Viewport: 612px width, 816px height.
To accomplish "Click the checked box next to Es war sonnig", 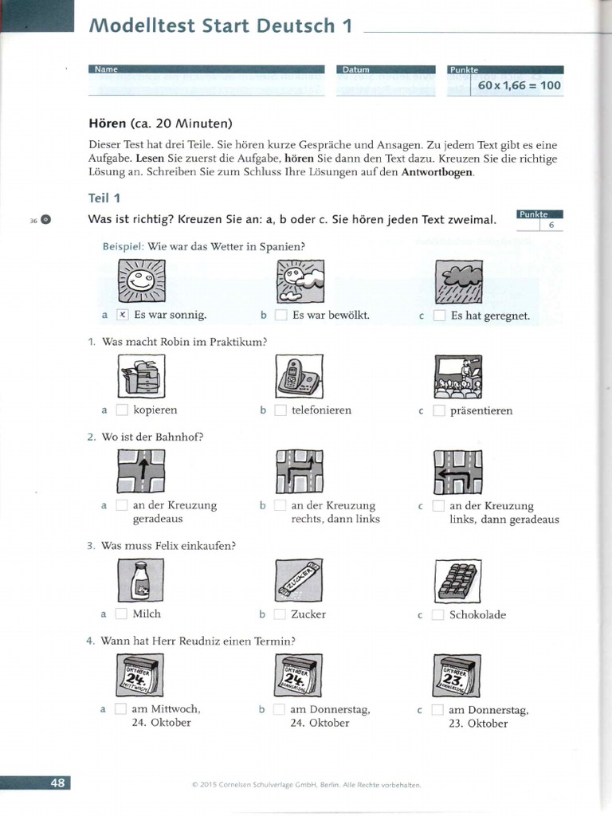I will pyautogui.click(x=122, y=315).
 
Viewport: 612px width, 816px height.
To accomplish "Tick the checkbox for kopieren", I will pyautogui.click(x=122, y=410).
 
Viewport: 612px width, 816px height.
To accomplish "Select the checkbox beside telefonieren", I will pyautogui.click(x=280, y=410).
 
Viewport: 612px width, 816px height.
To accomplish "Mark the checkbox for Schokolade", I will pyautogui.click(x=438, y=614).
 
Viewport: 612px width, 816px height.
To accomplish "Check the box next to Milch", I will pyautogui.click(x=121, y=614).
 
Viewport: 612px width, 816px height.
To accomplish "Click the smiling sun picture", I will pyautogui.click(x=140, y=281).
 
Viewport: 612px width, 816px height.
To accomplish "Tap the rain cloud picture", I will pyautogui.click(x=458, y=281).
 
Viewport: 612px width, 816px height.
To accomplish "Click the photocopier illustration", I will pyautogui.click(x=140, y=376).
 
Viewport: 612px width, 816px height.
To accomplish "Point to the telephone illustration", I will pyautogui.click(x=299, y=376).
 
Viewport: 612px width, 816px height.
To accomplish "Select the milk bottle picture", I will pyautogui.click(x=140, y=579).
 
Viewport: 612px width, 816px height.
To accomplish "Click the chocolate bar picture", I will pyautogui.click(x=458, y=580).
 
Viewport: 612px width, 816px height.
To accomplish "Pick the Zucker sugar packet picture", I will pyautogui.click(x=299, y=580).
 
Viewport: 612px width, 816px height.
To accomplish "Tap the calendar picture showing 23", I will pyautogui.click(x=457, y=676).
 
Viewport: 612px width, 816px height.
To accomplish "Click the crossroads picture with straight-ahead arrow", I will pyautogui.click(x=140, y=471).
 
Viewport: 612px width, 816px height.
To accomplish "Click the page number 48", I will pyautogui.click(x=57, y=783).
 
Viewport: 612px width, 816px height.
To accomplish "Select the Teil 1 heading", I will pyautogui.click(x=104, y=197).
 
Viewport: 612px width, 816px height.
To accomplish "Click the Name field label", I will pyautogui.click(x=106, y=70).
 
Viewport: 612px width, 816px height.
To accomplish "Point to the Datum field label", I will pyautogui.click(x=355, y=70).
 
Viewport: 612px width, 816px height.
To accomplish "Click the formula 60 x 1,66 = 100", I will pyautogui.click(x=519, y=85).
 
